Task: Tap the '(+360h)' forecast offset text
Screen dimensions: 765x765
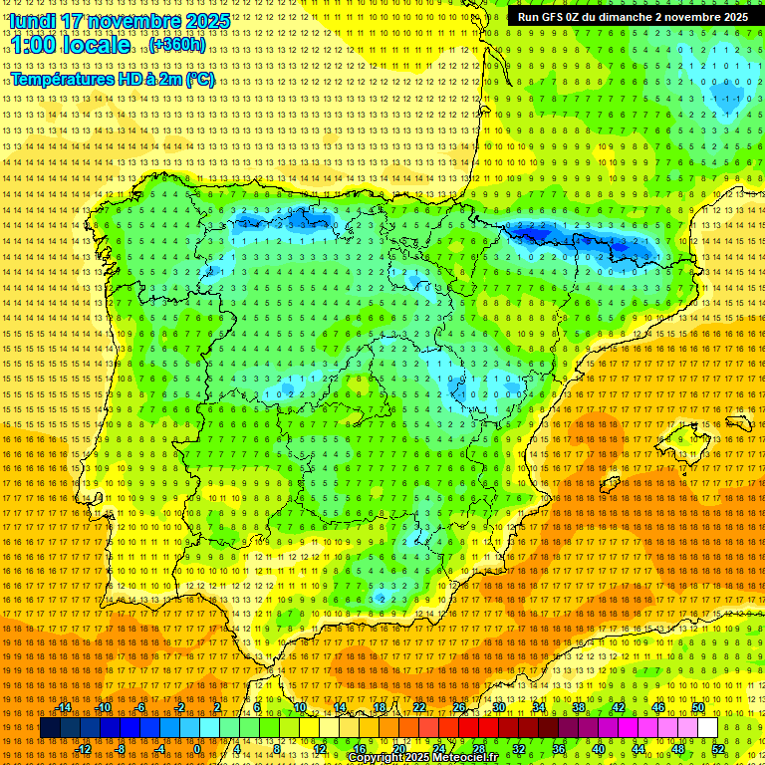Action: click(177, 45)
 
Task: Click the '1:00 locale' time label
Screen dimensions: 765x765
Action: click(71, 45)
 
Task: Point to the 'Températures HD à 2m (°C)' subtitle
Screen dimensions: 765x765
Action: click(113, 79)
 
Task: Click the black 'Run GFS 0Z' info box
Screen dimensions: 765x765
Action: click(634, 17)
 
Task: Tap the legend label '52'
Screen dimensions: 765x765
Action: click(718, 749)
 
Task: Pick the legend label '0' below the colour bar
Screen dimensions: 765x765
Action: click(197, 749)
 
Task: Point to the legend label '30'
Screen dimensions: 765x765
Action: click(498, 707)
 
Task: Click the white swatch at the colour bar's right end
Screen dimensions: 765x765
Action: click(708, 728)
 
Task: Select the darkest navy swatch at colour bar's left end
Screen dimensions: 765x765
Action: click(50, 728)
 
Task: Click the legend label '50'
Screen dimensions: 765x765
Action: click(698, 707)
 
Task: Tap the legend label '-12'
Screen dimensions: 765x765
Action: click(84, 749)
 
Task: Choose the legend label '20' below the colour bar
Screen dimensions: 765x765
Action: click(398, 749)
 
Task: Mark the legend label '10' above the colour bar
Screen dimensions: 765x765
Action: click(299, 707)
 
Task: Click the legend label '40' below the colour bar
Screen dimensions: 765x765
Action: click(599, 749)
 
